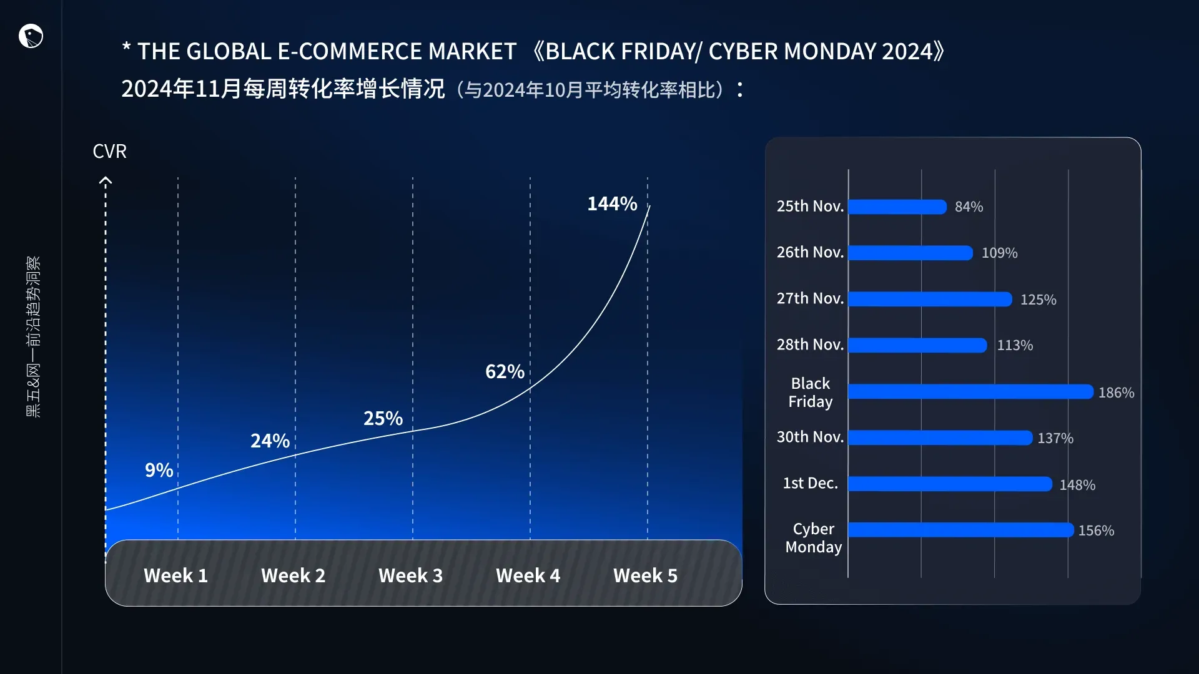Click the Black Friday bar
(970, 392)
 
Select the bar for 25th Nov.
(897, 207)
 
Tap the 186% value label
(1116, 393)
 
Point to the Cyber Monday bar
(960, 530)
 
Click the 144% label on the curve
(612, 203)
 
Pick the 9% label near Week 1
(159, 470)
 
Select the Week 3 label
(410, 575)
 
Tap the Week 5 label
(645, 575)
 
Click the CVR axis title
(109, 151)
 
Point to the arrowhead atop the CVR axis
(106, 181)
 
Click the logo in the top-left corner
(31, 36)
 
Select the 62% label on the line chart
(505, 372)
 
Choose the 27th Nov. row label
(810, 298)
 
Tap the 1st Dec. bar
(950, 484)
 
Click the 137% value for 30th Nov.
(1055, 438)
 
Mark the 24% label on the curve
(270, 441)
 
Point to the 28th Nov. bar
(917, 345)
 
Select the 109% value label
(999, 253)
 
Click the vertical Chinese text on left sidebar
(33, 337)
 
